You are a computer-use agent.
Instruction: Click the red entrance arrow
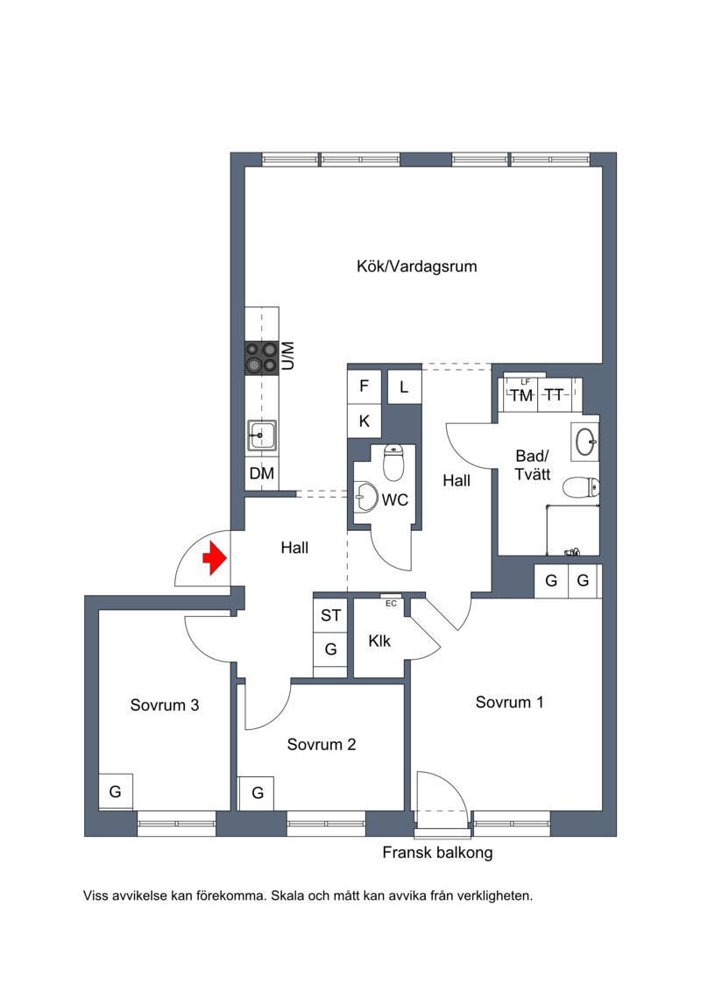[x=215, y=558]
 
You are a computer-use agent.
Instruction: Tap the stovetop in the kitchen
[x=262, y=357]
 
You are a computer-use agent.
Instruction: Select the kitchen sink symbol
[x=262, y=435]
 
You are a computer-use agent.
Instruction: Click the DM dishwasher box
[x=262, y=473]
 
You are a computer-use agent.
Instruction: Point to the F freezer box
[x=365, y=386]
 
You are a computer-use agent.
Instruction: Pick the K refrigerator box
[x=365, y=421]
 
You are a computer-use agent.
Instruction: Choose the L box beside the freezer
[x=404, y=386]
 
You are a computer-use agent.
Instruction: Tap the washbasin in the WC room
[x=365, y=498]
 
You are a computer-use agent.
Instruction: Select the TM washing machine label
[x=521, y=396]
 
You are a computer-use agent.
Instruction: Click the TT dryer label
[x=554, y=395]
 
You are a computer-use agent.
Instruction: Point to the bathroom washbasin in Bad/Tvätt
[x=585, y=440]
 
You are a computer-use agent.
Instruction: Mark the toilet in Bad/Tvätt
[x=580, y=488]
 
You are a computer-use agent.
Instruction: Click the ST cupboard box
[x=330, y=615]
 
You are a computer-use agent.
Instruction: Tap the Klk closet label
[x=379, y=641]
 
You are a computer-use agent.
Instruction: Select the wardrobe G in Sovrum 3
[x=116, y=791]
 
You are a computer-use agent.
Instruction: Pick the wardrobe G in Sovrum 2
[x=257, y=793]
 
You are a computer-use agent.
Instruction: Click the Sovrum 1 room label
[x=509, y=702]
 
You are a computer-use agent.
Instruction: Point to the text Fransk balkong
[x=437, y=853]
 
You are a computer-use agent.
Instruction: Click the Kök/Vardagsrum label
[x=416, y=266]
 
